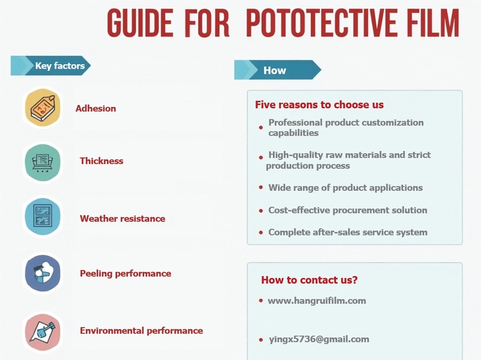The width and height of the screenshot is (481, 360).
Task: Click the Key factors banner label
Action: (60, 66)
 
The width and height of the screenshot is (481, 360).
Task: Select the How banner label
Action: (274, 70)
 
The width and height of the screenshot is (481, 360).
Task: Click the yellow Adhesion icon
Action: (42, 108)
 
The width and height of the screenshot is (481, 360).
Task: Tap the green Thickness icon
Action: (42, 161)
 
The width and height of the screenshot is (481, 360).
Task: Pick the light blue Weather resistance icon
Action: (42, 217)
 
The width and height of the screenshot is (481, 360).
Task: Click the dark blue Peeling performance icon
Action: (42, 273)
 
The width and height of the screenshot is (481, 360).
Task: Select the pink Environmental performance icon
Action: (42, 331)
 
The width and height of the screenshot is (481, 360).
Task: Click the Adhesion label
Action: (96, 109)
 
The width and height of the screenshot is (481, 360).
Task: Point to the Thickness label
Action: (101, 161)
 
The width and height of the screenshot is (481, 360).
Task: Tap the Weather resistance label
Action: (122, 218)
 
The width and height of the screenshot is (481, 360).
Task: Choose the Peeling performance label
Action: (125, 273)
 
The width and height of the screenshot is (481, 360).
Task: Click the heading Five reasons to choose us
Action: (319, 104)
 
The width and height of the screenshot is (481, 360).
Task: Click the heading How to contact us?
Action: (309, 280)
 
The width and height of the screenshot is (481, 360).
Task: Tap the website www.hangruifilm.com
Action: (316, 301)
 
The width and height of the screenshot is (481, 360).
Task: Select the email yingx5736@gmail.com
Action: (318, 339)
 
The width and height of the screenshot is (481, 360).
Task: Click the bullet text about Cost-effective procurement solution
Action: (348, 210)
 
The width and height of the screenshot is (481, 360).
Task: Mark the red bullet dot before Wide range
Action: (261, 188)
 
